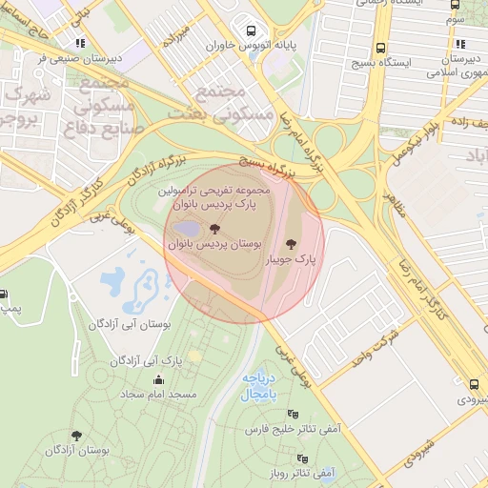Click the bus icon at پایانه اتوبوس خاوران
click(252, 30)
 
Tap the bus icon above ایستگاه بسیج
click(380, 48)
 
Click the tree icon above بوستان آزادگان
click(76, 436)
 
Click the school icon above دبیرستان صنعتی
click(81, 42)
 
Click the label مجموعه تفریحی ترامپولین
click(230, 191)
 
